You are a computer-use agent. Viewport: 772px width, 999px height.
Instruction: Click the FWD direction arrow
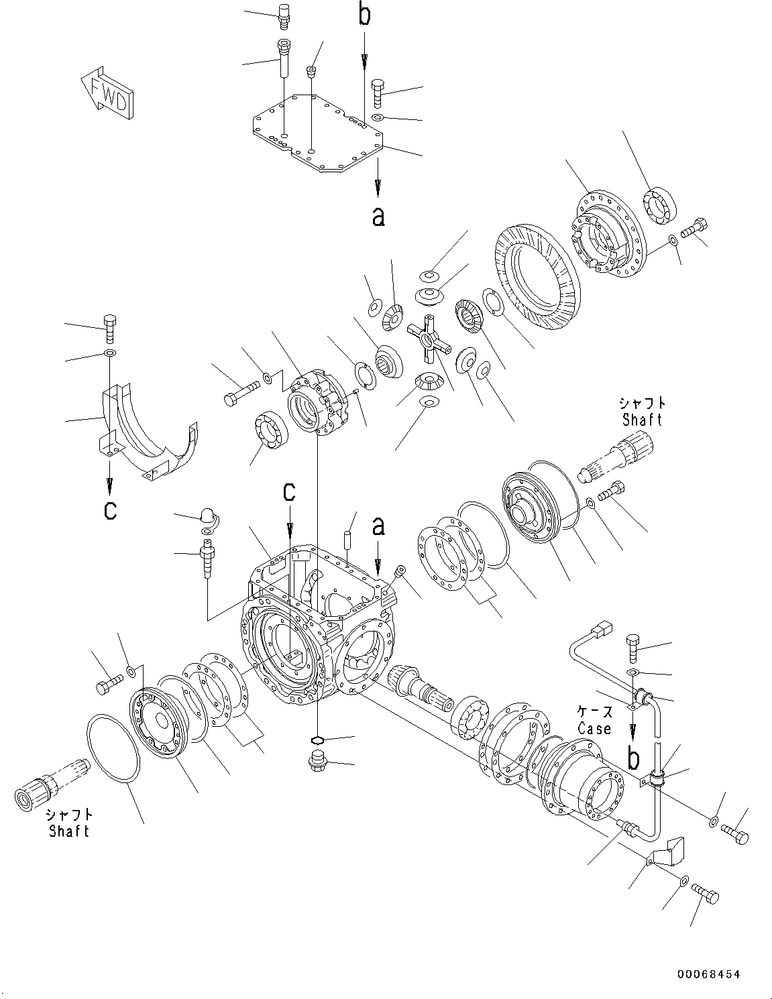pyautogui.click(x=107, y=93)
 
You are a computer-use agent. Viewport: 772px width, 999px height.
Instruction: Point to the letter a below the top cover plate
pyautogui.click(x=378, y=216)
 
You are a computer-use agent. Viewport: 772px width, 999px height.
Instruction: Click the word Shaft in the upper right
pyautogui.click(x=642, y=420)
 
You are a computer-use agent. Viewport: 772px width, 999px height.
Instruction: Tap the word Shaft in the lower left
pyautogui.click(x=69, y=831)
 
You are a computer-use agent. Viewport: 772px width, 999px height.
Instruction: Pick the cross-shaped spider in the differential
pyautogui.click(x=425, y=338)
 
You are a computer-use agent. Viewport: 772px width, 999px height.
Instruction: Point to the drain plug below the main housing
pyautogui.click(x=317, y=763)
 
